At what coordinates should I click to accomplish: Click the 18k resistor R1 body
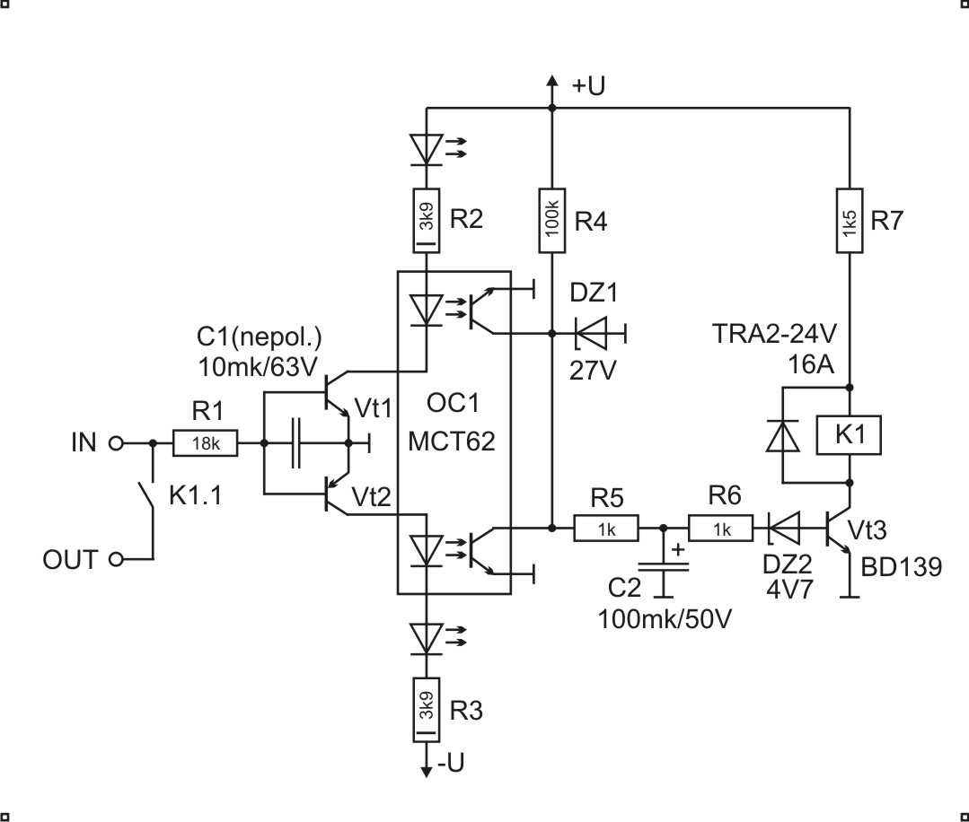tap(207, 443)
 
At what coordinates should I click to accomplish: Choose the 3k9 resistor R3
tap(427, 709)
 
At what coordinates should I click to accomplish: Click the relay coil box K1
tap(849, 435)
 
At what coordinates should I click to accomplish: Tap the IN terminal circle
tap(115, 443)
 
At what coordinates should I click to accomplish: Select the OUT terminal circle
tap(115, 560)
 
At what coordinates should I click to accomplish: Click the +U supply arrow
tap(551, 87)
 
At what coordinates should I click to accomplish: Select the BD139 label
tap(901, 567)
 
